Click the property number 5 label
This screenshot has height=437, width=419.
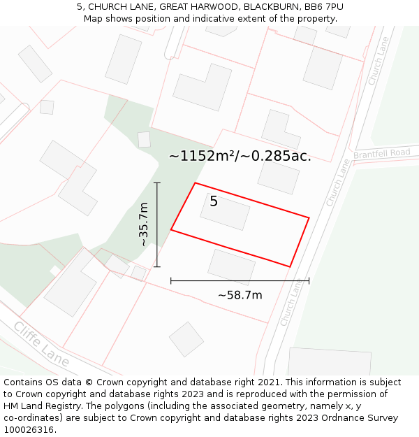click(x=214, y=202)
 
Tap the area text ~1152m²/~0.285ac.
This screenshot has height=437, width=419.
click(x=240, y=156)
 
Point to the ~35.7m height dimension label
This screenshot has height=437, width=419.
click(x=144, y=224)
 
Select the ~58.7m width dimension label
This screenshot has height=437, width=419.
click(x=240, y=295)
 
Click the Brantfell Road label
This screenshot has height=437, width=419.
click(x=382, y=153)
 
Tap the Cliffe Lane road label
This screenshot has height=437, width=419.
click(x=41, y=344)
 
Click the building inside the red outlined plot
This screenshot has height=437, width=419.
click(x=225, y=212)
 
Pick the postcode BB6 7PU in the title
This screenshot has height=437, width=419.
click(x=323, y=6)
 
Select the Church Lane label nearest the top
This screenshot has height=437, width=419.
click(x=378, y=62)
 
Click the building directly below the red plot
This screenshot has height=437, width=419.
click(x=232, y=267)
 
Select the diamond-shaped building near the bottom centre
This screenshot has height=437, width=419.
click(x=186, y=339)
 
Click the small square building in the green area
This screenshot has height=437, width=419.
click(x=144, y=139)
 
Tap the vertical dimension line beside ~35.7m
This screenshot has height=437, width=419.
click(x=157, y=224)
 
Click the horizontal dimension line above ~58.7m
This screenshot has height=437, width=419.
click(x=240, y=281)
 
